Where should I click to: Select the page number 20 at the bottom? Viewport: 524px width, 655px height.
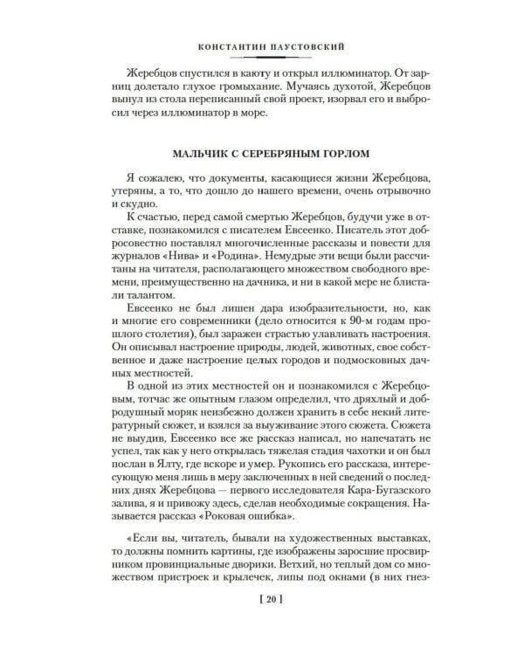pos(261,623)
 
